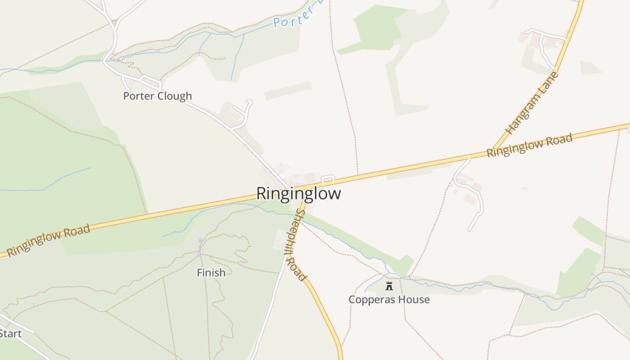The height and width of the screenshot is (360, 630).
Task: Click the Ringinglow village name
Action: (x=298, y=193)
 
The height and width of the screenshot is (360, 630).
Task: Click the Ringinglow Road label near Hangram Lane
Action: (x=529, y=145)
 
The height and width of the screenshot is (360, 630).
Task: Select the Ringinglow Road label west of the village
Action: (x=49, y=241)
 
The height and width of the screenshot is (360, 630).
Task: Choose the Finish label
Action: (x=211, y=272)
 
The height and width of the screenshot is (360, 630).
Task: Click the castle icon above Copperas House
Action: (x=389, y=286)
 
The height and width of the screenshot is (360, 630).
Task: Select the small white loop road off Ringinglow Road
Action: (x=328, y=178)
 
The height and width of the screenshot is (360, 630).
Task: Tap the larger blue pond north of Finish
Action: (x=200, y=240)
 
